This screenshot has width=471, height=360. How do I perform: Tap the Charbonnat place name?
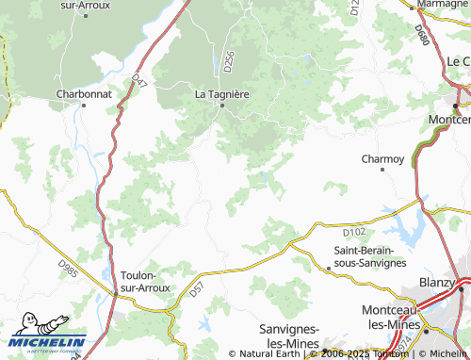pyautogui.click(x=84, y=94)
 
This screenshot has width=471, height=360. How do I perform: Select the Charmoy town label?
pyautogui.click(x=383, y=158)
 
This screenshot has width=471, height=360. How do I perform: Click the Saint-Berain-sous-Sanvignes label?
pyautogui.click(x=370, y=256)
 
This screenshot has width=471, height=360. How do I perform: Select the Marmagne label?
pyautogui.click(x=443, y=5)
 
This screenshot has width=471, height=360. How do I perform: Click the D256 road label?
pyautogui.click(x=229, y=62)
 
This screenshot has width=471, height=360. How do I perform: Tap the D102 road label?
pyautogui.click(x=354, y=230)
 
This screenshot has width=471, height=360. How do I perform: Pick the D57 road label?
pyautogui.click(x=196, y=292)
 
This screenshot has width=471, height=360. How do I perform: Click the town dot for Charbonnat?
pyautogui.click(x=84, y=106)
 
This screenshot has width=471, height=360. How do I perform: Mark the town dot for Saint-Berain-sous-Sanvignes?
pyautogui.click(x=328, y=268)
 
